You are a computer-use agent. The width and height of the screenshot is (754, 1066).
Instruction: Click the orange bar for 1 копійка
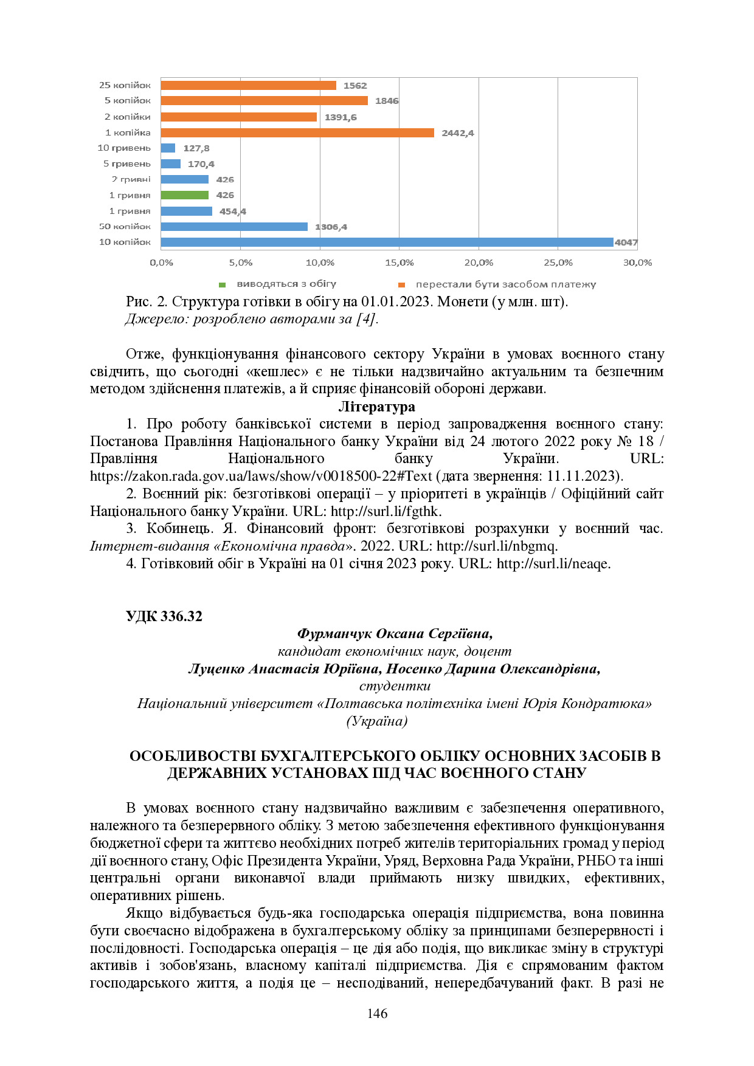[297, 132]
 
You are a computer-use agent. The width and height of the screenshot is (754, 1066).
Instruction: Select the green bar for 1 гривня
[185, 195]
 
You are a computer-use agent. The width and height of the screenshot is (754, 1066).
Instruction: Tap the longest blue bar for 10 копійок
[387, 242]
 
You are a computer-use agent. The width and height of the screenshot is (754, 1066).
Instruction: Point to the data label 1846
[387, 101]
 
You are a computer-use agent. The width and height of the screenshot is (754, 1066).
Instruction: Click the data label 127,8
[196, 148]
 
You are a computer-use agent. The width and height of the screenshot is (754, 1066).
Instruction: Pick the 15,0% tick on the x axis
[399, 263]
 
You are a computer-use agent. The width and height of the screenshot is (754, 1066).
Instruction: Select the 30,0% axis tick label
[637, 263]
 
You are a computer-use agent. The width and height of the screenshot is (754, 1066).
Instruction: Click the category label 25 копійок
[125, 85]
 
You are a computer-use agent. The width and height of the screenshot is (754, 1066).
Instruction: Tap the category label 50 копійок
[125, 226]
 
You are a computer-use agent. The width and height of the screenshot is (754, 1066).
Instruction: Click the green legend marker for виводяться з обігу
[223, 284]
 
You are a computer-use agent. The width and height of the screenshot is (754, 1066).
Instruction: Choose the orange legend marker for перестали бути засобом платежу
[401, 284]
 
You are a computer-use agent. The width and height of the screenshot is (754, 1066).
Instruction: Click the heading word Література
[376, 407]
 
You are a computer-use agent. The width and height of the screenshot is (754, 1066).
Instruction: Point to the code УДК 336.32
[164, 616]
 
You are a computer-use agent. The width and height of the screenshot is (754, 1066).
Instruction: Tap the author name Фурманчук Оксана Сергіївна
[394, 633]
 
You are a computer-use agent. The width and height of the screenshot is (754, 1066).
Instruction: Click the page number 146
[377, 1013]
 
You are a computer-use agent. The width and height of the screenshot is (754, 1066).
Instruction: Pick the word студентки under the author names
[395, 686]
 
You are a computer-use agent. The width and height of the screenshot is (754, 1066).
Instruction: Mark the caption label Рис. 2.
[147, 301]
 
